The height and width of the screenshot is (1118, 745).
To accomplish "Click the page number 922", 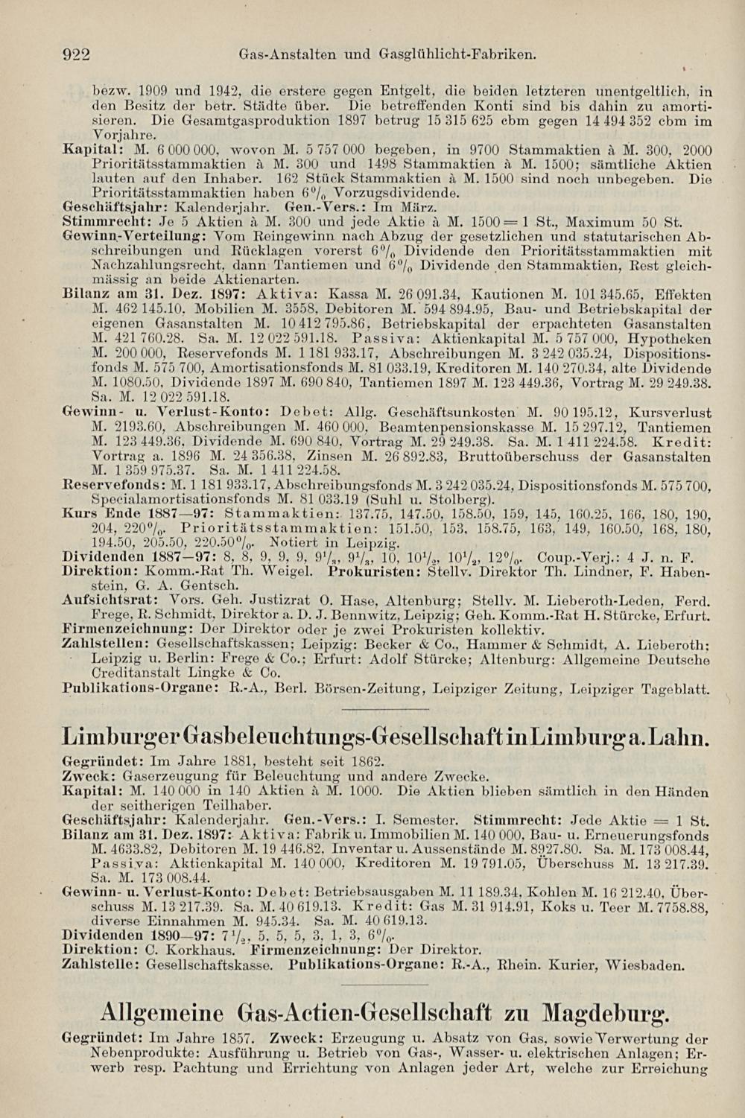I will pos(75,54).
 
